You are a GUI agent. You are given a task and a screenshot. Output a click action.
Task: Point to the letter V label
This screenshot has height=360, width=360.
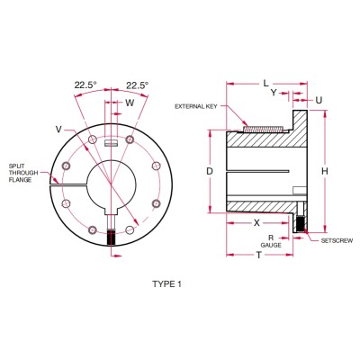(x=58, y=130)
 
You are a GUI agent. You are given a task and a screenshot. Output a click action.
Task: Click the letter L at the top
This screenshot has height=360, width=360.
(x=266, y=83)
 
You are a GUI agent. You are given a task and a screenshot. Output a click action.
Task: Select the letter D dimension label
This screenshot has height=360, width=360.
(x=208, y=170)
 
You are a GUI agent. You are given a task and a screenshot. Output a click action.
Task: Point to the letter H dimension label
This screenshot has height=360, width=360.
(x=325, y=170)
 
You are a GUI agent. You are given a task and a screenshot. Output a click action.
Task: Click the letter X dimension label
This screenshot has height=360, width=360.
(x=256, y=220)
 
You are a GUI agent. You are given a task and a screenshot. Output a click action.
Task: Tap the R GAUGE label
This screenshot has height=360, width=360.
(x=269, y=240)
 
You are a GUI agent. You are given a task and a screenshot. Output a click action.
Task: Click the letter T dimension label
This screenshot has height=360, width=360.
(x=259, y=255)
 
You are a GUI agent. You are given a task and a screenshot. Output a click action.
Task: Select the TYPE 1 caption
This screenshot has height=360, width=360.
(x=168, y=283)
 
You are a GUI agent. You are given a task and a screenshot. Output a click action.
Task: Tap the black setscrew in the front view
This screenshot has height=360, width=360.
(x=112, y=238)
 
